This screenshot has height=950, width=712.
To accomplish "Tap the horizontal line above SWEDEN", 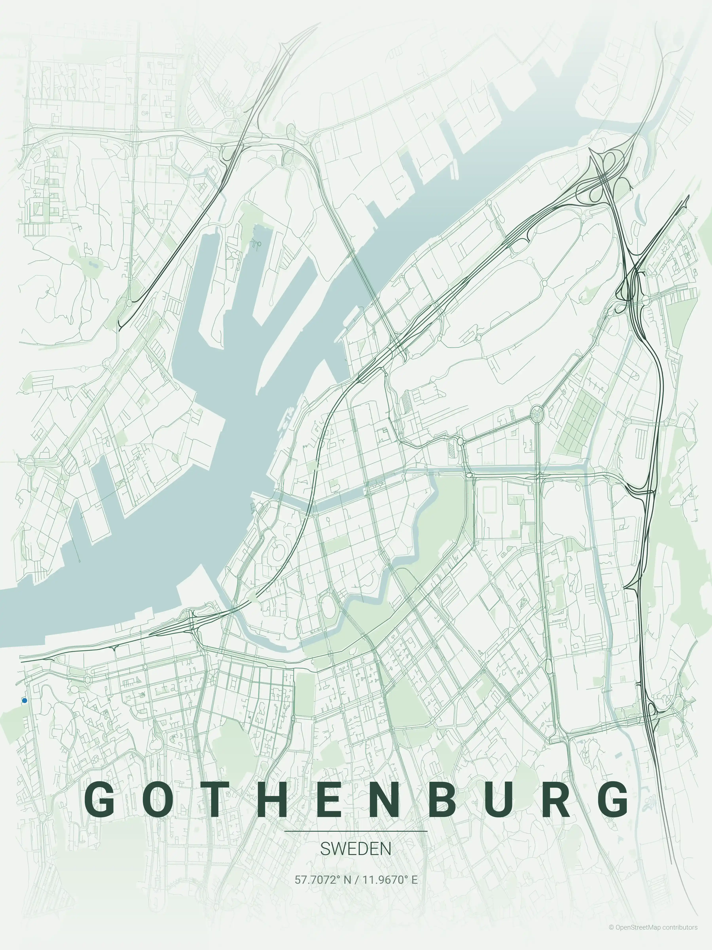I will [x=356, y=831].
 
